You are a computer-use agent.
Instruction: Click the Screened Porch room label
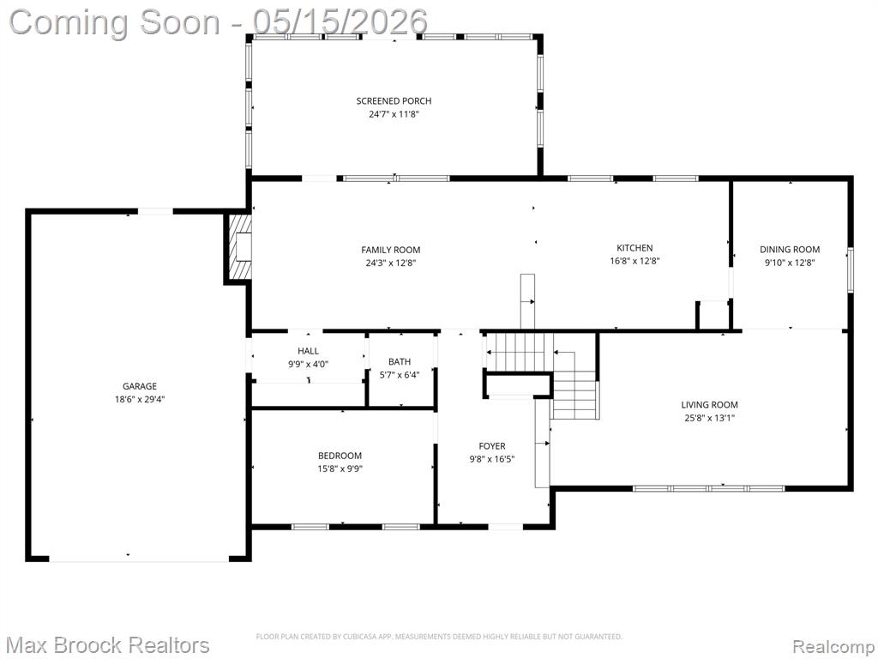click(x=394, y=101)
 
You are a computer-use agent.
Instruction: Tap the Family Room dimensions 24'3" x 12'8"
click(x=390, y=263)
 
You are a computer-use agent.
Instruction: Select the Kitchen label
click(x=634, y=248)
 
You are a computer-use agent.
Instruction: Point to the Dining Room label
click(x=790, y=250)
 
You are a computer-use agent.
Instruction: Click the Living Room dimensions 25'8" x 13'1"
click(x=709, y=418)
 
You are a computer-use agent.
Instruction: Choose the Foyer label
click(x=491, y=446)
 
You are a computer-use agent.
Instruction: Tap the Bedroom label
click(x=340, y=456)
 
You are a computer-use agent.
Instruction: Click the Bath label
click(x=400, y=362)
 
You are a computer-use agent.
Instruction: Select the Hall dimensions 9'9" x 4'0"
click(x=308, y=364)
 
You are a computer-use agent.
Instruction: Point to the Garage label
click(x=140, y=386)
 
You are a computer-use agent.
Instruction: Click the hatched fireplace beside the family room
click(x=238, y=247)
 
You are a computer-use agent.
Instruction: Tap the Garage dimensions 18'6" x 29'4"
click(x=140, y=400)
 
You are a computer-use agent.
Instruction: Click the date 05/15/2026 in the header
click(x=340, y=21)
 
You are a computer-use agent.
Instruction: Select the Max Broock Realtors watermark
click(x=109, y=645)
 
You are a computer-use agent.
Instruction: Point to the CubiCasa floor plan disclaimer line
click(x=439, y=637)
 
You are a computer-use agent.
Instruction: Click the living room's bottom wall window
click(x=709, y=488)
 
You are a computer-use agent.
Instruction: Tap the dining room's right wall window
click(x=850, y=270)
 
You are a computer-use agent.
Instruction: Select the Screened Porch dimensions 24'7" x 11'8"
click(x=394, y=114)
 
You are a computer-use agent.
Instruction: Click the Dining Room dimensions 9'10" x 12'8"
click(x=790, y=263)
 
